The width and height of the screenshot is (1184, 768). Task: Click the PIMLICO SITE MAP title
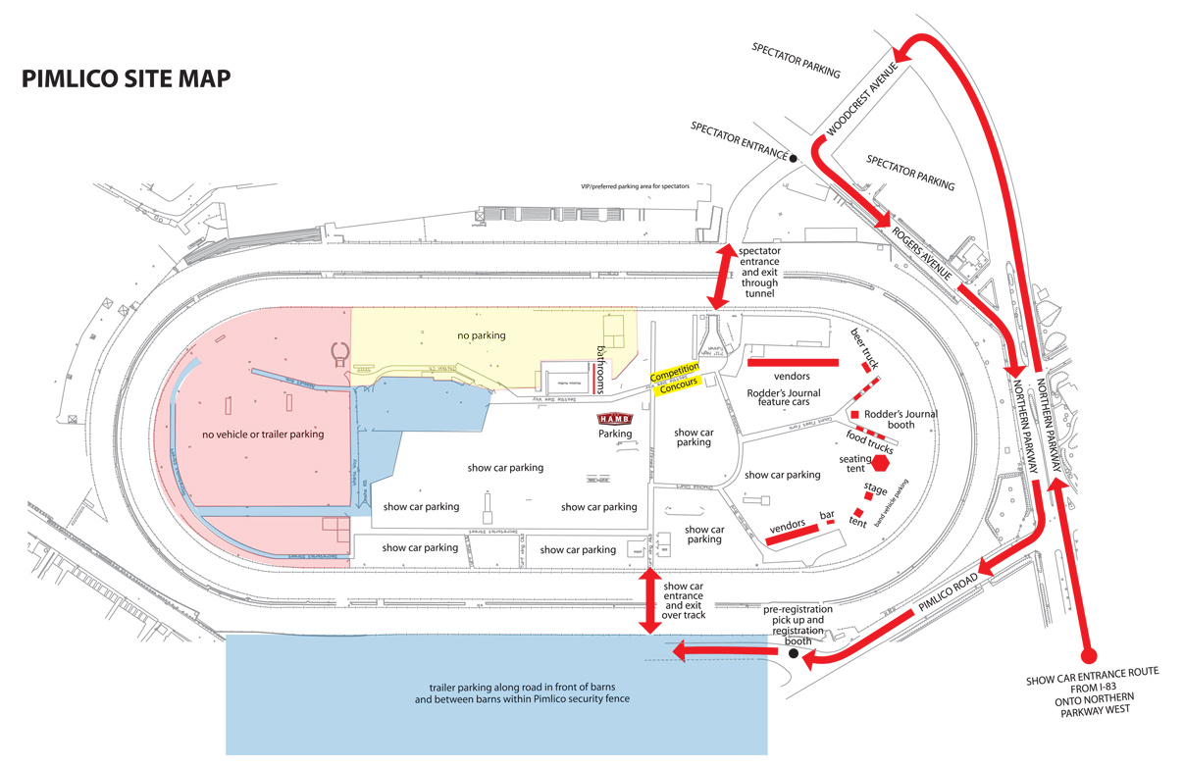(x=127, y=79)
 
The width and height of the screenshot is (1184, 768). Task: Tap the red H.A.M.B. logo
(x=616, y=419)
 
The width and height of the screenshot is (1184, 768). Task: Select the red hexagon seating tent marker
(x=880, y=462)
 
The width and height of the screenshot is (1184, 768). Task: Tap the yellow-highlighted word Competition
(x=674, y=372)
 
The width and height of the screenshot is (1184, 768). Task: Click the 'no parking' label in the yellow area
(x=482, y=335)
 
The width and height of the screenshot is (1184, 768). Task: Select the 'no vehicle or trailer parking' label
(x=264, y=434)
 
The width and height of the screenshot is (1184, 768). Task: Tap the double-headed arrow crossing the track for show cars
(x=647, y=600)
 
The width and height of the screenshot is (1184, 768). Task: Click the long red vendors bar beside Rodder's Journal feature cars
(x=793, y=362)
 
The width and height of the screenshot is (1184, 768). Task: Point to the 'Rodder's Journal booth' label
(x=901, y=419)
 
